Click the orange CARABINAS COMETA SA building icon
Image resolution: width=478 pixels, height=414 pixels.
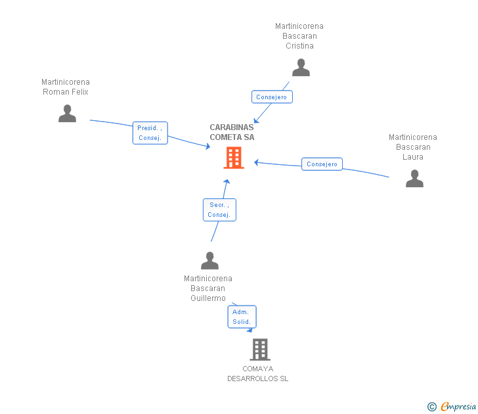234,158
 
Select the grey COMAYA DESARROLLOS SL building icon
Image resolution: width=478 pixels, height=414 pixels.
260,350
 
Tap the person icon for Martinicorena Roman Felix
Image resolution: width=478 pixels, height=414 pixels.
67,114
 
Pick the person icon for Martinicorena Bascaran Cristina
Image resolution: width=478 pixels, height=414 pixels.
301,68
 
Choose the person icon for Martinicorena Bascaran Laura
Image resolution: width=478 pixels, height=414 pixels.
414,179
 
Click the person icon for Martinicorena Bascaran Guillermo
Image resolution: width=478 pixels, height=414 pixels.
209,261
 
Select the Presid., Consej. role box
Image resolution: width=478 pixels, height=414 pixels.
150,133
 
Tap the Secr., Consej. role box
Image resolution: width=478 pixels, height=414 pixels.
219,210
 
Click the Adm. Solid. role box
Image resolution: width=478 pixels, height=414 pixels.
242,317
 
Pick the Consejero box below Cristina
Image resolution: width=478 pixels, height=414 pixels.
272,97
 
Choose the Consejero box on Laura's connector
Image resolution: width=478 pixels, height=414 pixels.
322,164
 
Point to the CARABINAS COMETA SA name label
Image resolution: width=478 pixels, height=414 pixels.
232,132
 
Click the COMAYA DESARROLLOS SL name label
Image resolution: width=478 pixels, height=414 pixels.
257,373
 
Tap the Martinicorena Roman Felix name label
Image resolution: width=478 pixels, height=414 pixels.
66,87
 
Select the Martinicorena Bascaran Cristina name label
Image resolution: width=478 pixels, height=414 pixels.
299,36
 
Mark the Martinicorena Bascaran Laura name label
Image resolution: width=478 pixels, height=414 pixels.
413,147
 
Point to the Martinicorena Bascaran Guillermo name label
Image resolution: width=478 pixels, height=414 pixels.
208,288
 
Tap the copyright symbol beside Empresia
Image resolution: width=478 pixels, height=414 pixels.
432,407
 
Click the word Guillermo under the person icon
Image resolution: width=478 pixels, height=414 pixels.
208,298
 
